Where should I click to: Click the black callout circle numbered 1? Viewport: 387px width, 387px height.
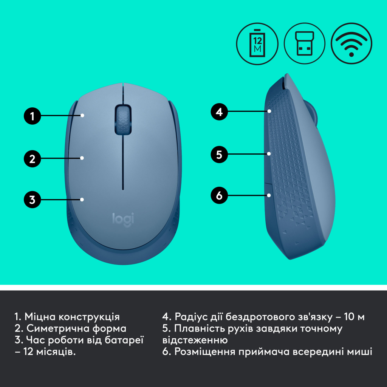33,116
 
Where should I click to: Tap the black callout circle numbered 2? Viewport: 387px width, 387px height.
33,159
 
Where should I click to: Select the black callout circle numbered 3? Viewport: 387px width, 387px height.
33,199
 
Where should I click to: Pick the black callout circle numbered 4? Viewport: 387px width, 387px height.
219,112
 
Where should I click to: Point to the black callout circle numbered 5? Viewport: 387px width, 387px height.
219,154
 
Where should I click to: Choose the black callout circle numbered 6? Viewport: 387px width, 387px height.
219,195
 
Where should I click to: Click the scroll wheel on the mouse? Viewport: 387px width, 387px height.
123,119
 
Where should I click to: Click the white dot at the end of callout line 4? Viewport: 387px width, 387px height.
269,111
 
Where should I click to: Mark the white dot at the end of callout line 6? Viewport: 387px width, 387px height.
269,195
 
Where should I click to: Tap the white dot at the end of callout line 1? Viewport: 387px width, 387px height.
83,115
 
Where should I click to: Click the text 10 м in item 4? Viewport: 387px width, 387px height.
355,317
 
